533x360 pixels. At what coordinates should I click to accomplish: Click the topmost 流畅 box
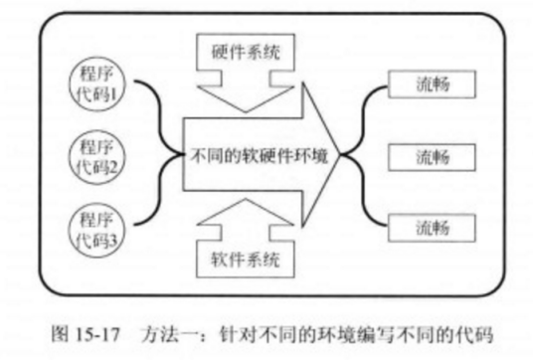click(x=428, y=84)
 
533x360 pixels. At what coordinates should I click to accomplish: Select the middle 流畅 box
click(x=428, y=156)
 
